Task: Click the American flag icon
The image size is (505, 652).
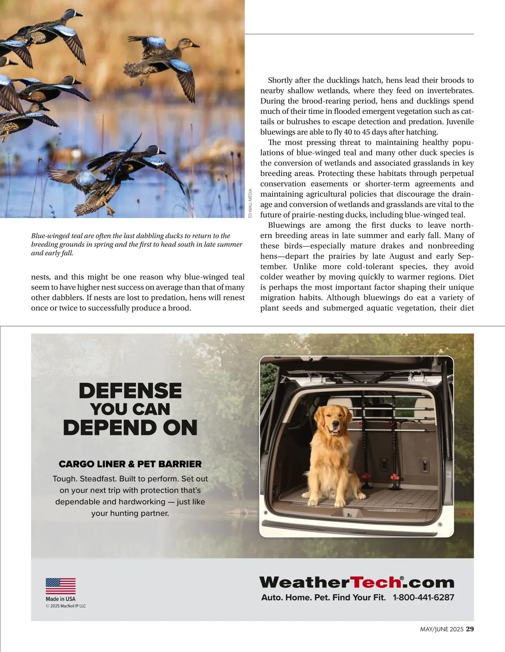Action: (61, 586)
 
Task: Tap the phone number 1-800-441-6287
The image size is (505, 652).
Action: (423, 597)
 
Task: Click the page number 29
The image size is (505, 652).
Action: (470, 629)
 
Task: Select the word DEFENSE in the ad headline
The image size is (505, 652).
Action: (130, 391)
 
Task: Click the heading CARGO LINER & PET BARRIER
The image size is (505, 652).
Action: (130, 464)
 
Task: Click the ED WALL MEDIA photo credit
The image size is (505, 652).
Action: (250, 203)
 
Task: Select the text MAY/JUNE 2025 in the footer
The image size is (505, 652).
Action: (441, 629)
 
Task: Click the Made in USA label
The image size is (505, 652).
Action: (61, 599)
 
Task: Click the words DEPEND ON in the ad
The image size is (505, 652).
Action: (130, 428)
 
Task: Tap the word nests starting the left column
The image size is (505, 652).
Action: (40, 277)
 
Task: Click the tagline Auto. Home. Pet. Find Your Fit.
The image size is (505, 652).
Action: (323, 597)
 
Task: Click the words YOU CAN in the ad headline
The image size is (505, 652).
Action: (130, 409)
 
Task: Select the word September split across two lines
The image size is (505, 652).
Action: (465, 256)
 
